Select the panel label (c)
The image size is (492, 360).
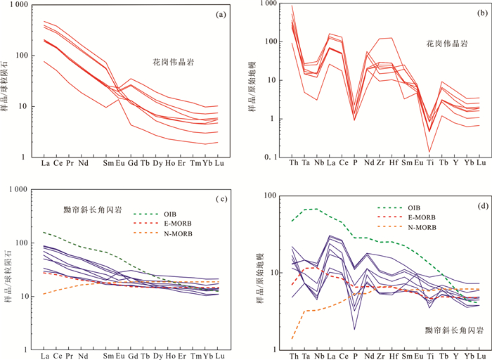coord(220,199)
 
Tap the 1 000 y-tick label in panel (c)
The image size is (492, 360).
coord(18,190)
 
